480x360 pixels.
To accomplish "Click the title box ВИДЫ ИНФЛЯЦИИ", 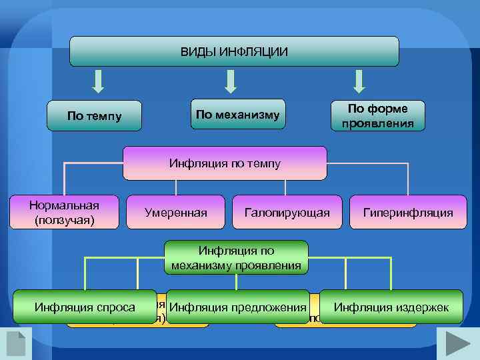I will pos(234,51).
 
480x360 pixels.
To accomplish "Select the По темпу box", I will pos(95,116).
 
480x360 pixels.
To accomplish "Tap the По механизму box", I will pos(238,114).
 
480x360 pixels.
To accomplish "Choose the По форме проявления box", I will pos(378,116).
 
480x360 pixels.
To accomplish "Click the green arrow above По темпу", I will pos(98,81).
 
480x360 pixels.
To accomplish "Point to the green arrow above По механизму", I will pos(230,81).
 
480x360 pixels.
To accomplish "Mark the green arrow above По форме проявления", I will pos(359,81).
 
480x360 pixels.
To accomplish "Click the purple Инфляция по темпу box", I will pos(225,163).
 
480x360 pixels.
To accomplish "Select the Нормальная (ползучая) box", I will pos(64,213).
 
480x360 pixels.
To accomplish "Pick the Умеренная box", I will pos(175,213).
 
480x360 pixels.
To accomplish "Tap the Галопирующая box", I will pos(287,213).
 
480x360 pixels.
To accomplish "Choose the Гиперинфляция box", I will pos(408,213).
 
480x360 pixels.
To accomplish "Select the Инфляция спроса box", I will pos(85,307).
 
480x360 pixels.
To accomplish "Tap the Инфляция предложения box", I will pos(238,307).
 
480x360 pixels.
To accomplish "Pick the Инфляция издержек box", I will pos(391,307).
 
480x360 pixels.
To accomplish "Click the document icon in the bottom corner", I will pos(15,343).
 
